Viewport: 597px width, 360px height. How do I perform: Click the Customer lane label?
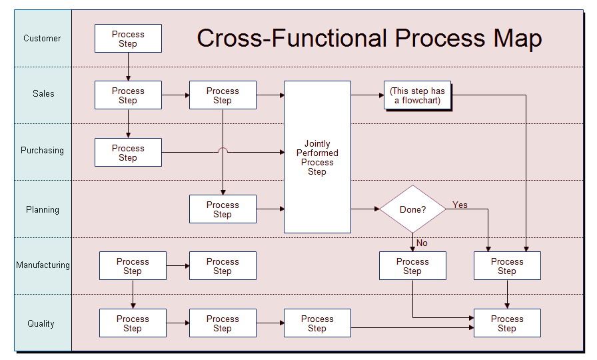pos(42,39)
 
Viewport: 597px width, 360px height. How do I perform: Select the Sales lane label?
pos(43,94)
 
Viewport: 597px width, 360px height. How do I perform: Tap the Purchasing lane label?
pos(42,151)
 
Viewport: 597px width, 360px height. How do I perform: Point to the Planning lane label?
pos(43,209)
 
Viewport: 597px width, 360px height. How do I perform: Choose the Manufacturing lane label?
pos(43,265)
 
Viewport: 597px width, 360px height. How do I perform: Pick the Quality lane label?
pos(41,323)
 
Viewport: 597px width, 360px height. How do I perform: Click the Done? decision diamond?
pos(412,209)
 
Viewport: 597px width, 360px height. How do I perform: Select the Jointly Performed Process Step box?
pos(318,157)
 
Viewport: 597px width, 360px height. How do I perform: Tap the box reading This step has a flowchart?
pos(417,95)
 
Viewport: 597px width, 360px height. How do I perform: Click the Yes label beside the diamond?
pos(460,205)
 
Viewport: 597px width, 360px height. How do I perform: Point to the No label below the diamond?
pos(422,243)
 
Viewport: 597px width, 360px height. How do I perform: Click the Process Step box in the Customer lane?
pos(129,39)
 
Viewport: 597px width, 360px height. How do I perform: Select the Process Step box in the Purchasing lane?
pos(129,153)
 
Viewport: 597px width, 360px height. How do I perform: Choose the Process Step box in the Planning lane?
pos(223,209)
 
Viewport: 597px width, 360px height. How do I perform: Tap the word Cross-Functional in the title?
pos(293,38)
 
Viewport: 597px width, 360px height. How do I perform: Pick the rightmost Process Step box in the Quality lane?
pos(507,323)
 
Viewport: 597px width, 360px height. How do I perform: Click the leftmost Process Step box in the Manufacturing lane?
pos(133,265)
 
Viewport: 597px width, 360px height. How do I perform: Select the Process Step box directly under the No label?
pos(412,265)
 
